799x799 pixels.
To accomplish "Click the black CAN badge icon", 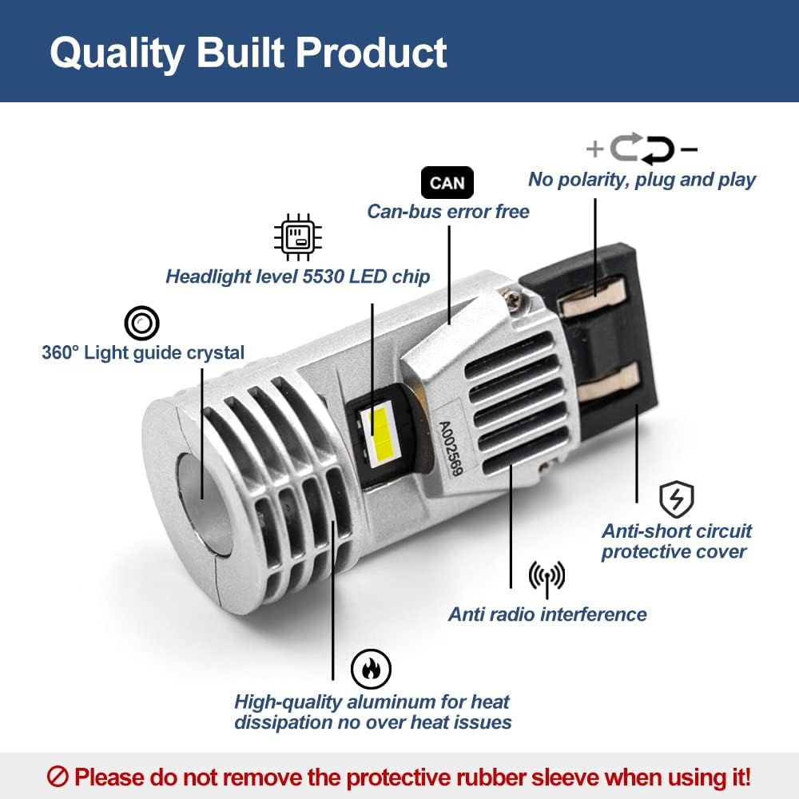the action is tap(447, 182).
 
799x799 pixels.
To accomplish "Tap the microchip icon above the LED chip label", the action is tap(298, 237).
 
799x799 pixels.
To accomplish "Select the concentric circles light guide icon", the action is tap(141, 323).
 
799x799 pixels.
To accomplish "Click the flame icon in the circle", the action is tap(371, 669).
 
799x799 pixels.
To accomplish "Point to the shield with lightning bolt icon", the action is tap(676, 499).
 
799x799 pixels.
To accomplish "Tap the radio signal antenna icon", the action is tap(547, 578).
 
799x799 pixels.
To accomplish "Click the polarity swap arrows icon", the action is tap(642, 149).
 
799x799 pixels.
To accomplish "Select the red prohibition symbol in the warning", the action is tap(58, 777).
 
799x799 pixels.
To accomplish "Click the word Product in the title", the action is tap(372, 53).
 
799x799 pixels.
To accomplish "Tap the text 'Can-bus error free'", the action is tap(448, 212).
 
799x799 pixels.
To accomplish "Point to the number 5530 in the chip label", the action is tap(323, 276).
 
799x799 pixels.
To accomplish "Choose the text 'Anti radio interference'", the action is tap(547, 614).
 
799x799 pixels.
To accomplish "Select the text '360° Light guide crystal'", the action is tap(143, 352).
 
